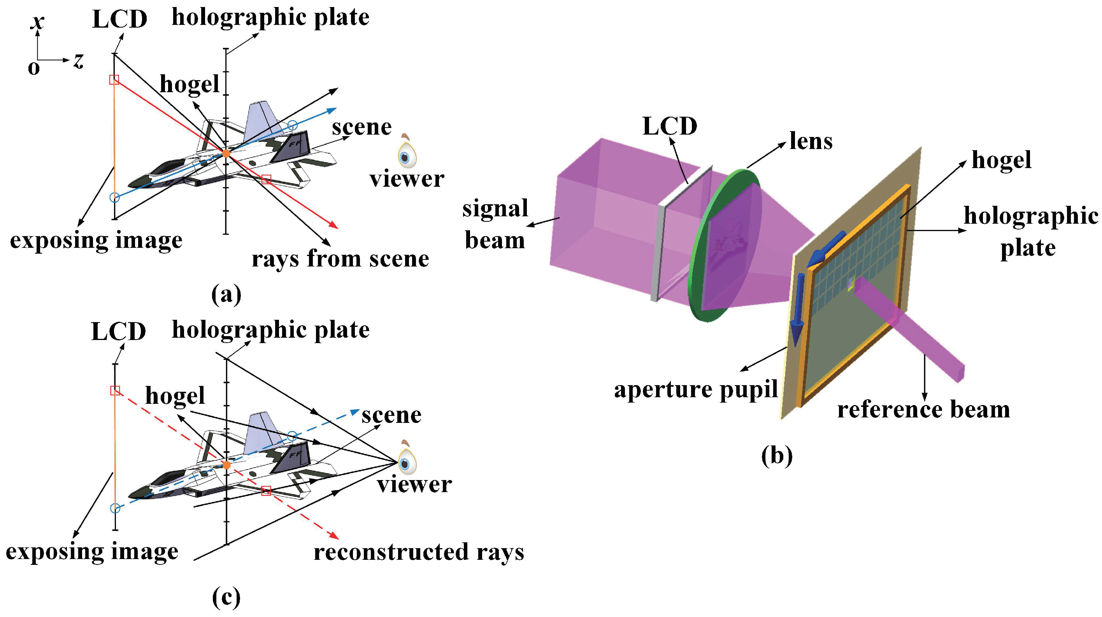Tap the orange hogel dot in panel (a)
226,153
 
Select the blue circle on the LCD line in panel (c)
115,508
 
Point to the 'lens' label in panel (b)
811,141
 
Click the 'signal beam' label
495,224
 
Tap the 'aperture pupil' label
695,389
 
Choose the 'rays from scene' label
340,259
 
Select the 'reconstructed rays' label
418,552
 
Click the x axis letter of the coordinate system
38,21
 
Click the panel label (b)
776,456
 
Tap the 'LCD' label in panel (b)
670,126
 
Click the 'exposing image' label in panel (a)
96,240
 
